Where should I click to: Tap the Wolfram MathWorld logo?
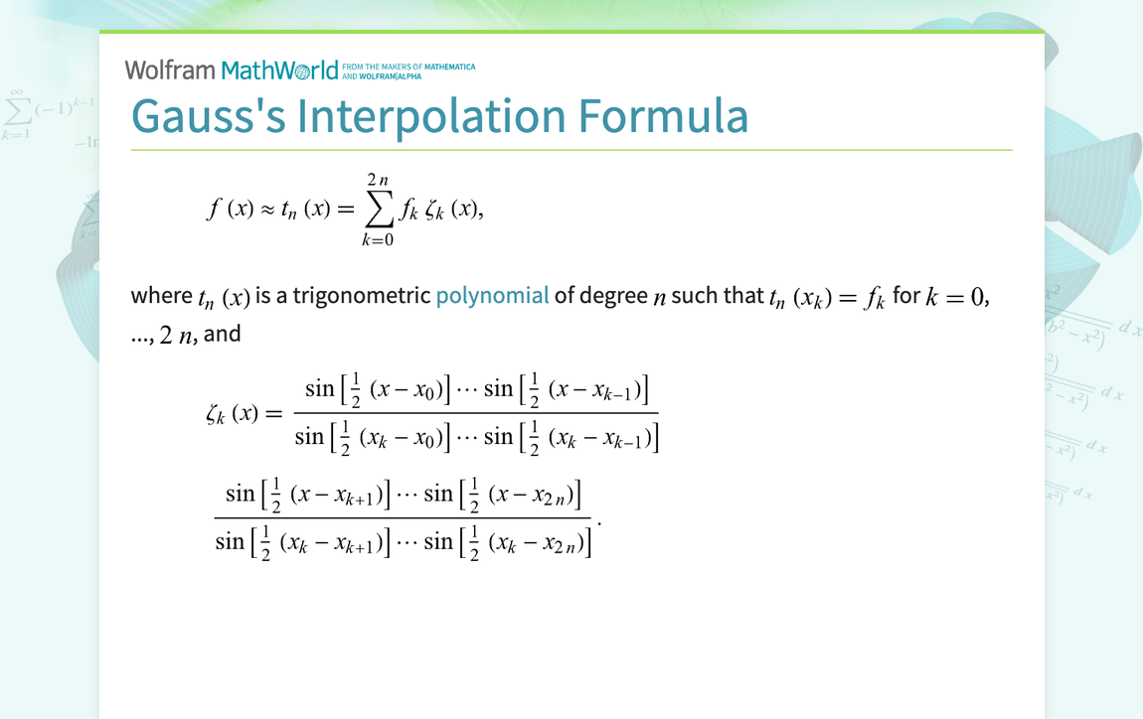232,71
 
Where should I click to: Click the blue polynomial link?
492,296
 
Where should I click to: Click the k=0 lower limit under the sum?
378,239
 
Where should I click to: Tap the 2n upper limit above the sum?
378,180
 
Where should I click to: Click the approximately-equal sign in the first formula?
267,210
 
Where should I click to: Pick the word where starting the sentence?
161,296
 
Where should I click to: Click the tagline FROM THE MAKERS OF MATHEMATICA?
408,68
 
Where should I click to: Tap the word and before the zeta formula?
223,334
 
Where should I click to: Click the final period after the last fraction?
599,518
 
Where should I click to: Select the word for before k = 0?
906,296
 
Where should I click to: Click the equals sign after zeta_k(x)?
274,413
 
